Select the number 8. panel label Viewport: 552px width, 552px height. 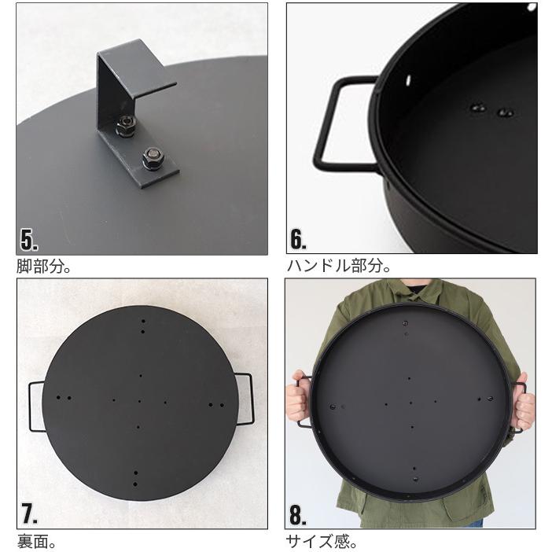point(298,514)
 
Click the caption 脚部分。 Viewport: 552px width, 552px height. point(45,267)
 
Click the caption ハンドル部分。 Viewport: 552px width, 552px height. point(339,267)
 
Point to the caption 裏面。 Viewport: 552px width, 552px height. point(38,541)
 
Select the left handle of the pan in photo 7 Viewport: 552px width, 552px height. point(35,404)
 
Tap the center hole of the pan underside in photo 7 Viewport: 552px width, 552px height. point(139,401)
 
